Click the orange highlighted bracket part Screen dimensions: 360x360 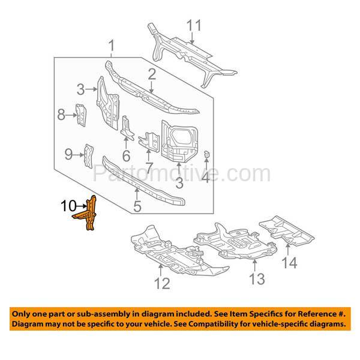point(86,212)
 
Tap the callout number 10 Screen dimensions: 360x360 point(68,206)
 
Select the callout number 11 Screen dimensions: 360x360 point(194,25)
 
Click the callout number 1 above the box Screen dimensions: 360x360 point(112,46)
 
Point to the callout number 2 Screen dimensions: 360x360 point(152,74)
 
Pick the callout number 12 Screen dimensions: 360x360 point(163,283)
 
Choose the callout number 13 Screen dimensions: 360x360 point(257,279)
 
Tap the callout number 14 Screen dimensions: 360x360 point(290,263)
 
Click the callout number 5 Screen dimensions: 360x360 point(137,206)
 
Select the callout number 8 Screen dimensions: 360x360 point(61,115)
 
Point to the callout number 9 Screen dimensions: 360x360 point(68,154)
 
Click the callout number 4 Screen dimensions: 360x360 point(206,177)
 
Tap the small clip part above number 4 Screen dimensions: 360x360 point(206,154)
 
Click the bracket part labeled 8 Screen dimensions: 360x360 point(81,115)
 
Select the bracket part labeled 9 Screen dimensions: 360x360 point(89,156)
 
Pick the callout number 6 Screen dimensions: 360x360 point(126,156)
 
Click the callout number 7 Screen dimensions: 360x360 point(149,168)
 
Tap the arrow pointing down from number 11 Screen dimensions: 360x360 point(192,38)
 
